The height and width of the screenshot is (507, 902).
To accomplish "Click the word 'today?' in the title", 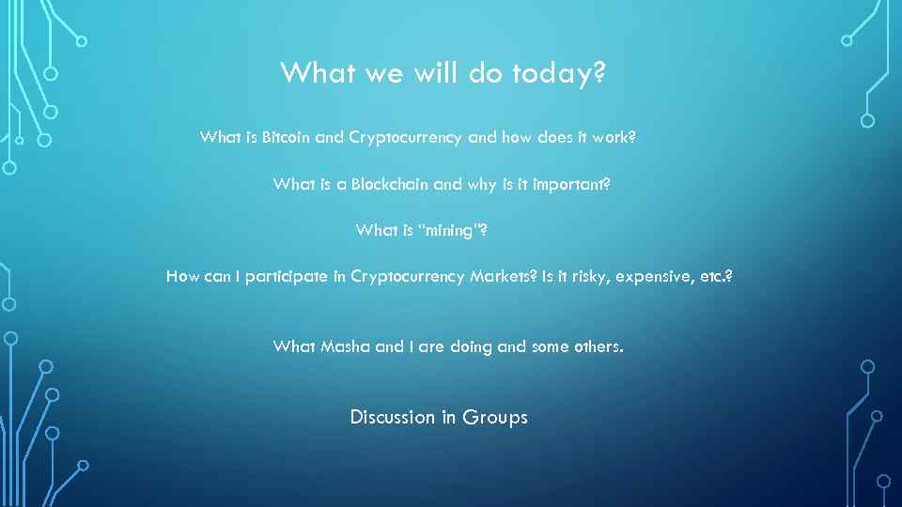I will [559, 73].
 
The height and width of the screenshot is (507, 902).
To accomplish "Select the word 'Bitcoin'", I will [287, 137].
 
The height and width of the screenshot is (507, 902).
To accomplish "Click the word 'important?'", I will [571, 184].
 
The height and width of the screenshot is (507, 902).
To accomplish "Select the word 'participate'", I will [295, 276].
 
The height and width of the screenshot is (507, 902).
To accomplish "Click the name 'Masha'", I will [346, 346].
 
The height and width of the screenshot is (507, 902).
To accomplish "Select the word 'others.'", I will [598, 346].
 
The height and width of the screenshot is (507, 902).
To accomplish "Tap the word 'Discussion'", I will [392, 417].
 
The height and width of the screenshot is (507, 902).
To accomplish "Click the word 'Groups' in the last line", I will [496, 417].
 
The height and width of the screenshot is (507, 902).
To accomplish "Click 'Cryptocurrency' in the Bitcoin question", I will [405, 137].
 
